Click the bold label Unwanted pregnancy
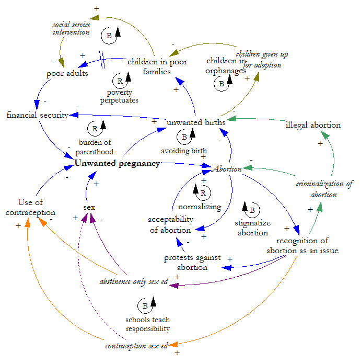click(117, 163)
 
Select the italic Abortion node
click(227, 169)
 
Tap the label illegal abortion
click(313, 125)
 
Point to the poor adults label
click(67, 73)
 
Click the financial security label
click(37, 115)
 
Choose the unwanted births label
click(196, 122)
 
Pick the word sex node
click(89, 207)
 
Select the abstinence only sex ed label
click(133, 281)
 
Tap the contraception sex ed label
click(136, 346)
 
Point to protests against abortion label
click(192, 263)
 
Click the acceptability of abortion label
click(170, 224)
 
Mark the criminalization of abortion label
click(324, 189)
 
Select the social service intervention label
click(71, 28)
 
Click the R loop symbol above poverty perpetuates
click(120, 81)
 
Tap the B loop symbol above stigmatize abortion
click(251, 210)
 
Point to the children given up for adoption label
click(262, 59)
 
